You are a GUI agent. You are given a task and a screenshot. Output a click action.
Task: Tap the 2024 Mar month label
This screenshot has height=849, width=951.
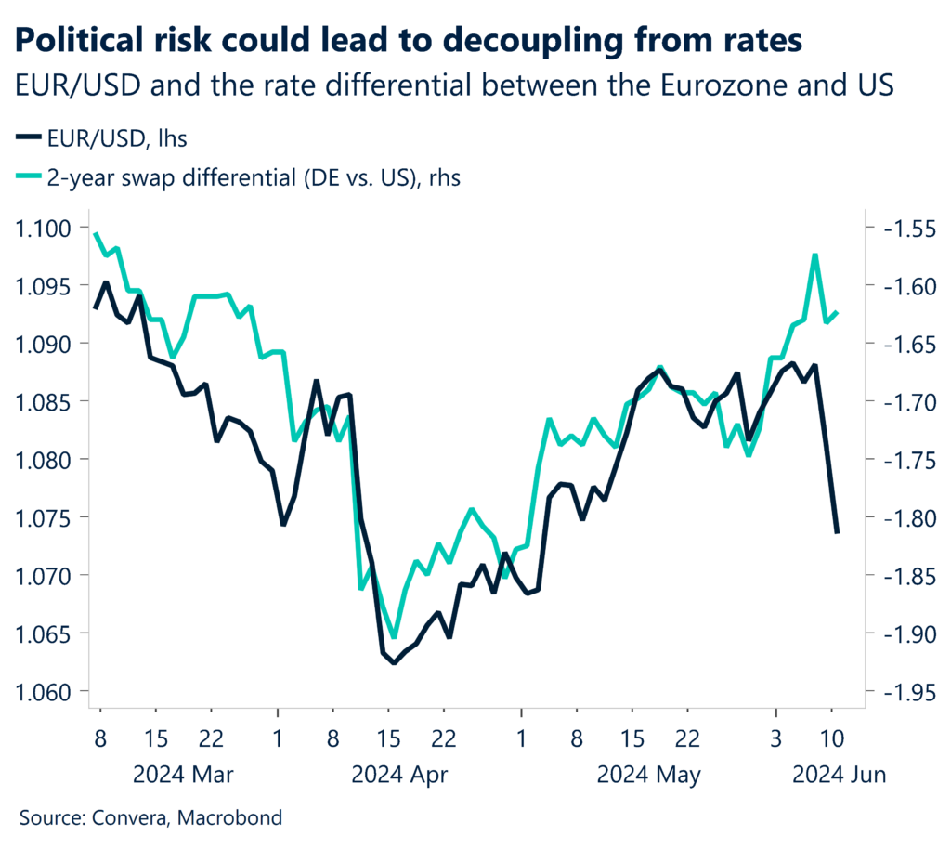point(183,773)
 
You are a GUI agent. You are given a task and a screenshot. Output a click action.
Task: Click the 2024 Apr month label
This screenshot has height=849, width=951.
point(400,773)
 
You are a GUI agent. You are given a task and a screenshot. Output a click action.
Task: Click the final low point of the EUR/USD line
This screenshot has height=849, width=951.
point(837,532)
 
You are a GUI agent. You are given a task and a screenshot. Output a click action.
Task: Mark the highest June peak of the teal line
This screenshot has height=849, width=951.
point(814,254)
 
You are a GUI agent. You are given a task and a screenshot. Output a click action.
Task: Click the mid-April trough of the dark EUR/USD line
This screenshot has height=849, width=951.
point(394,662)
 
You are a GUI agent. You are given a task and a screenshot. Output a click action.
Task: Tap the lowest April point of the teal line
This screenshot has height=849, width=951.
point(394,637)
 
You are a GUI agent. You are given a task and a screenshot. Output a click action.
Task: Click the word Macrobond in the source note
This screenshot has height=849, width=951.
point(231,818)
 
